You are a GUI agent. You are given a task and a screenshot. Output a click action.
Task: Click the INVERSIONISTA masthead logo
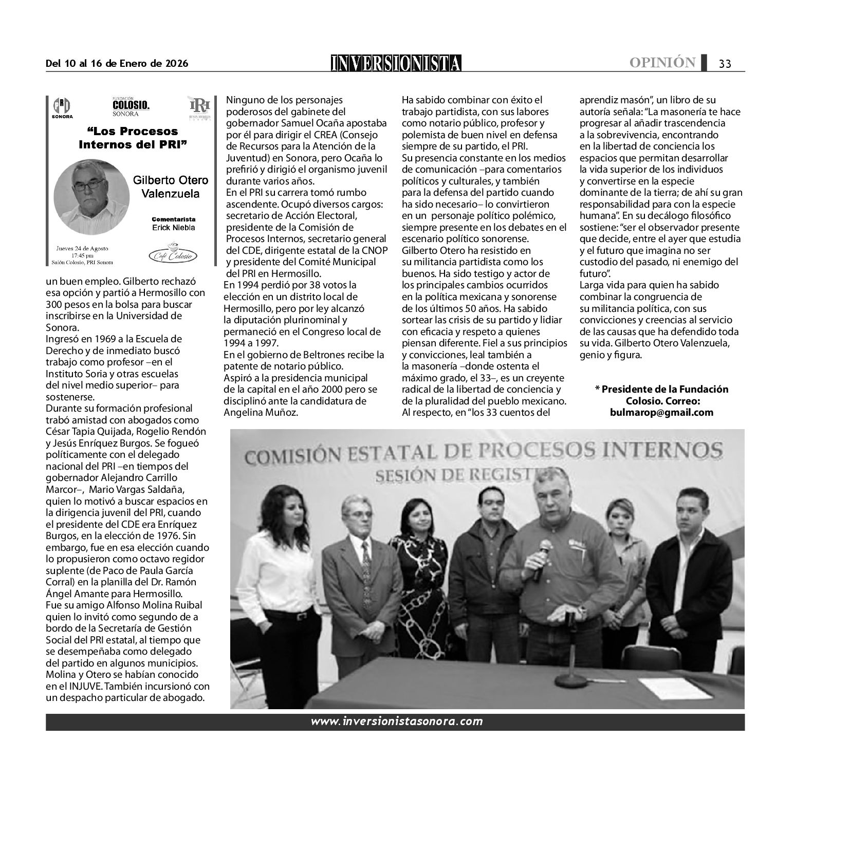[x=396, y=63]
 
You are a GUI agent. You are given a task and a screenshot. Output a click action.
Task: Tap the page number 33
[x=725, y=64]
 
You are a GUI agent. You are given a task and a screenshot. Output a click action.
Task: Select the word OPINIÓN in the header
[x=662, y=63]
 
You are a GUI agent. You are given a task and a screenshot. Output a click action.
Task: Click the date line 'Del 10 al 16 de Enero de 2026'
[x=117, y=64]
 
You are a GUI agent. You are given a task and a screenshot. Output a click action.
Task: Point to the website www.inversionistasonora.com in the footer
[x=396, y=721]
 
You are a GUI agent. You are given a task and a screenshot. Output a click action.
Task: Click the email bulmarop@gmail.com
[x=662, y=412]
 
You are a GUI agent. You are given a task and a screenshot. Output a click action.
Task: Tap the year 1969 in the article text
[x=97, y=339]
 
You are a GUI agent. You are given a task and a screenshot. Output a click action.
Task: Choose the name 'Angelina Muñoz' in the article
[x=261, y=412]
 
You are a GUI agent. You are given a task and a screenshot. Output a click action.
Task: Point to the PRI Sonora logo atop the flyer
[x=62, y=108]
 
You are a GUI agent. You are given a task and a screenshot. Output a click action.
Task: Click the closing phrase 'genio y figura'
[x=611, y=355]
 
